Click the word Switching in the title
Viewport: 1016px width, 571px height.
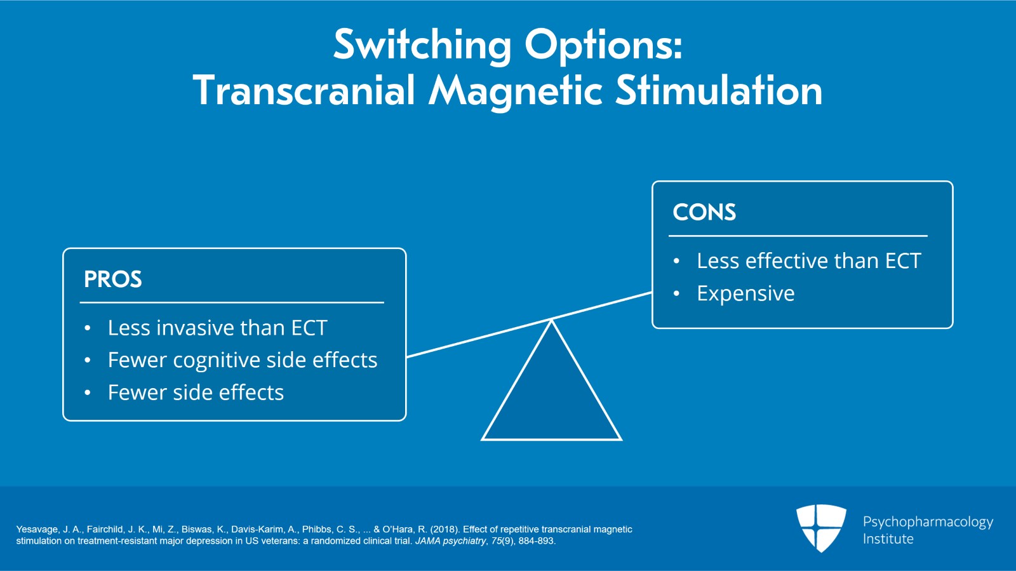point(422,46)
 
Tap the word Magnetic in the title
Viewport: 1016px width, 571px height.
point(515,91)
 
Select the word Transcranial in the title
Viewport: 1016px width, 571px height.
point(304,91)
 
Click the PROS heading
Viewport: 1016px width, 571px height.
point(113,279)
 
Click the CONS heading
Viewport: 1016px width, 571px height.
point(704,212)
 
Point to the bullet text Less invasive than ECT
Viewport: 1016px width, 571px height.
point(217,328)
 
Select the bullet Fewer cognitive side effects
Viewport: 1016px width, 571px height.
point(242,360)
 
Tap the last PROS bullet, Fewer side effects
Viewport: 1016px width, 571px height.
point(196,393)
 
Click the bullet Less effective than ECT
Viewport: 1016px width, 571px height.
point(808,261)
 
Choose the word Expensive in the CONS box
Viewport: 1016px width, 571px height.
point(745,293)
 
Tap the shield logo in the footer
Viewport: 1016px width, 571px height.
point(821,527)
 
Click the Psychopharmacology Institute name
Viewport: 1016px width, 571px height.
point(927,530)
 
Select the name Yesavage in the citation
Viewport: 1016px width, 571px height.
point(37,529)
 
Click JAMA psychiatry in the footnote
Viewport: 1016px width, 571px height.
point(450,541)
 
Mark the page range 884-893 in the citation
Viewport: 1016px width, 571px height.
point(537,541)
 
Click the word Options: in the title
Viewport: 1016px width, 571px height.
point(603,46)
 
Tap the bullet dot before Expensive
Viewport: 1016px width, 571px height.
point(676,293)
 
